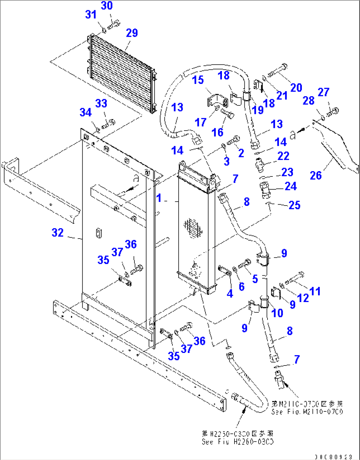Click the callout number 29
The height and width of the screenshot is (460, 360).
click(x=132, y=33)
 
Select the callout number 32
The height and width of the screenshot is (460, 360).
click(x=57, y=233)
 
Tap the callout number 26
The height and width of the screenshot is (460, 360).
click(x=315, y=175)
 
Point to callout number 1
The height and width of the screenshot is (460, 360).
click(x=159, y=198)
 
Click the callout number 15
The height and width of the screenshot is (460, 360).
click(x=198, y=80)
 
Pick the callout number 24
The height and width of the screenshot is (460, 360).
click(x=290, y=186)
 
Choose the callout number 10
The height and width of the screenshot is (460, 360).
click(x=277, y=313)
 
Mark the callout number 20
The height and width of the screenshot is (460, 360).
click(x=296, y=88)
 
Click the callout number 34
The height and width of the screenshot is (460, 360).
click(x=85, y=112)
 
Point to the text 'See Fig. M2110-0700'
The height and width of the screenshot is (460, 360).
click(x=307, y=412)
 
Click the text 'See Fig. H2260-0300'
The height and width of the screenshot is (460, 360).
click(x=238, y=442)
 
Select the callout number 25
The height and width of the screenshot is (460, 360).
click(x=294, y=205)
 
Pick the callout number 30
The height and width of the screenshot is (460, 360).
click(x=107, y=6)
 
